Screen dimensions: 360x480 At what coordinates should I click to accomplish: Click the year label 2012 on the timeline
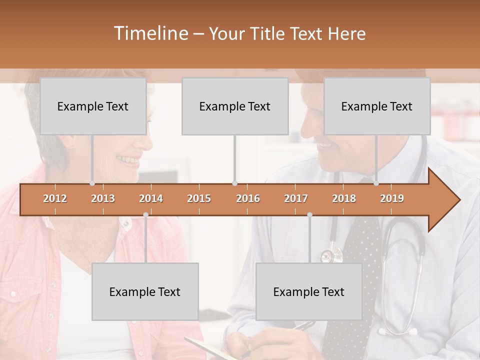click(x=55, y=198)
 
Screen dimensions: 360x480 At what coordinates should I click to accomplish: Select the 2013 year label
click(x=103, y=198)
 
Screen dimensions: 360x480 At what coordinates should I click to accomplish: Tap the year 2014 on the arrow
click(x=151, y=198)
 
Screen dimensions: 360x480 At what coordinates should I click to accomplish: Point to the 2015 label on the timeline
click(x=199, y=198)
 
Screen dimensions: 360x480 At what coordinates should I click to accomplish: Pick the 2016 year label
click(x=248, y=198)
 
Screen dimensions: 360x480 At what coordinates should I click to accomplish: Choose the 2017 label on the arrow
click(x=296, y=198)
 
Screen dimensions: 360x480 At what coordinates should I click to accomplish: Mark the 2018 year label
click(x=344, y=198)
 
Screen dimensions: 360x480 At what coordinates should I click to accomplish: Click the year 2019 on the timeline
click(x=392, y=198)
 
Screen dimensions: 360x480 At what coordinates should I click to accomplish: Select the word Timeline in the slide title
click(x=149, y=33)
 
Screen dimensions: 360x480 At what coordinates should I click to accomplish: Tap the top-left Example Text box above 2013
click(x=93, y=106)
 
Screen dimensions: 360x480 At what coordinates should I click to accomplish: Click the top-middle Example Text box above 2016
click(x=235, y=106)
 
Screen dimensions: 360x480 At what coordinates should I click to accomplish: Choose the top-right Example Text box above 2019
click(x=377, y=106)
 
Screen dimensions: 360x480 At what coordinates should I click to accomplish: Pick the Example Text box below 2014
click(x=145, y=291)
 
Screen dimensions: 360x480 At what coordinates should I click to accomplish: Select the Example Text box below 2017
click(x=309, y=291)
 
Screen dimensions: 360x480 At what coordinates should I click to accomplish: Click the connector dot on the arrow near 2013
click(x=92, y=183)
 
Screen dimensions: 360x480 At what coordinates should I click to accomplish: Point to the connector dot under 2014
click(x=145, y=215)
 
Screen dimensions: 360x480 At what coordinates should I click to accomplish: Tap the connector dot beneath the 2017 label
click(x=309, y=215)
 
